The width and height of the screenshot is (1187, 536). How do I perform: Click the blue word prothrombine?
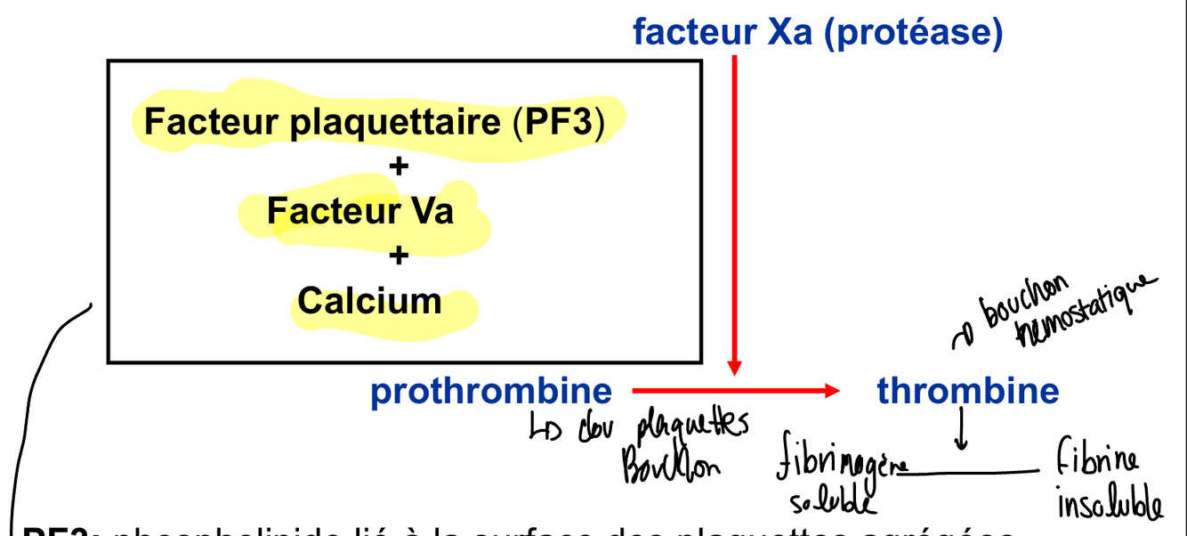pyautogui.click(x=491, y=392)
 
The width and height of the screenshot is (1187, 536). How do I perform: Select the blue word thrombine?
pyautogui.click(x=968, y=391)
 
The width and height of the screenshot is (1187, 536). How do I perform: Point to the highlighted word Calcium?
pyautogui.click(x=369, y=301)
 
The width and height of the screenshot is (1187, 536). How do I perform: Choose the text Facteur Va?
pyautogui.click(x=360, y=212)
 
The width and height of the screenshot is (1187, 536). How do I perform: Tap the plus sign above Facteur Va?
pyautogui.click(x=399, y=166)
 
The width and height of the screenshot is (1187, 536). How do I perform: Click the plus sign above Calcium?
pyautogui.click(x=399, y=256)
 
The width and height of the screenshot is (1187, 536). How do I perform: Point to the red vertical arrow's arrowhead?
pyautogui.click(x=734, y=368)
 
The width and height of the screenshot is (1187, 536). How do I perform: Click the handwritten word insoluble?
pyautogui.click(x=1109, y=503)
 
